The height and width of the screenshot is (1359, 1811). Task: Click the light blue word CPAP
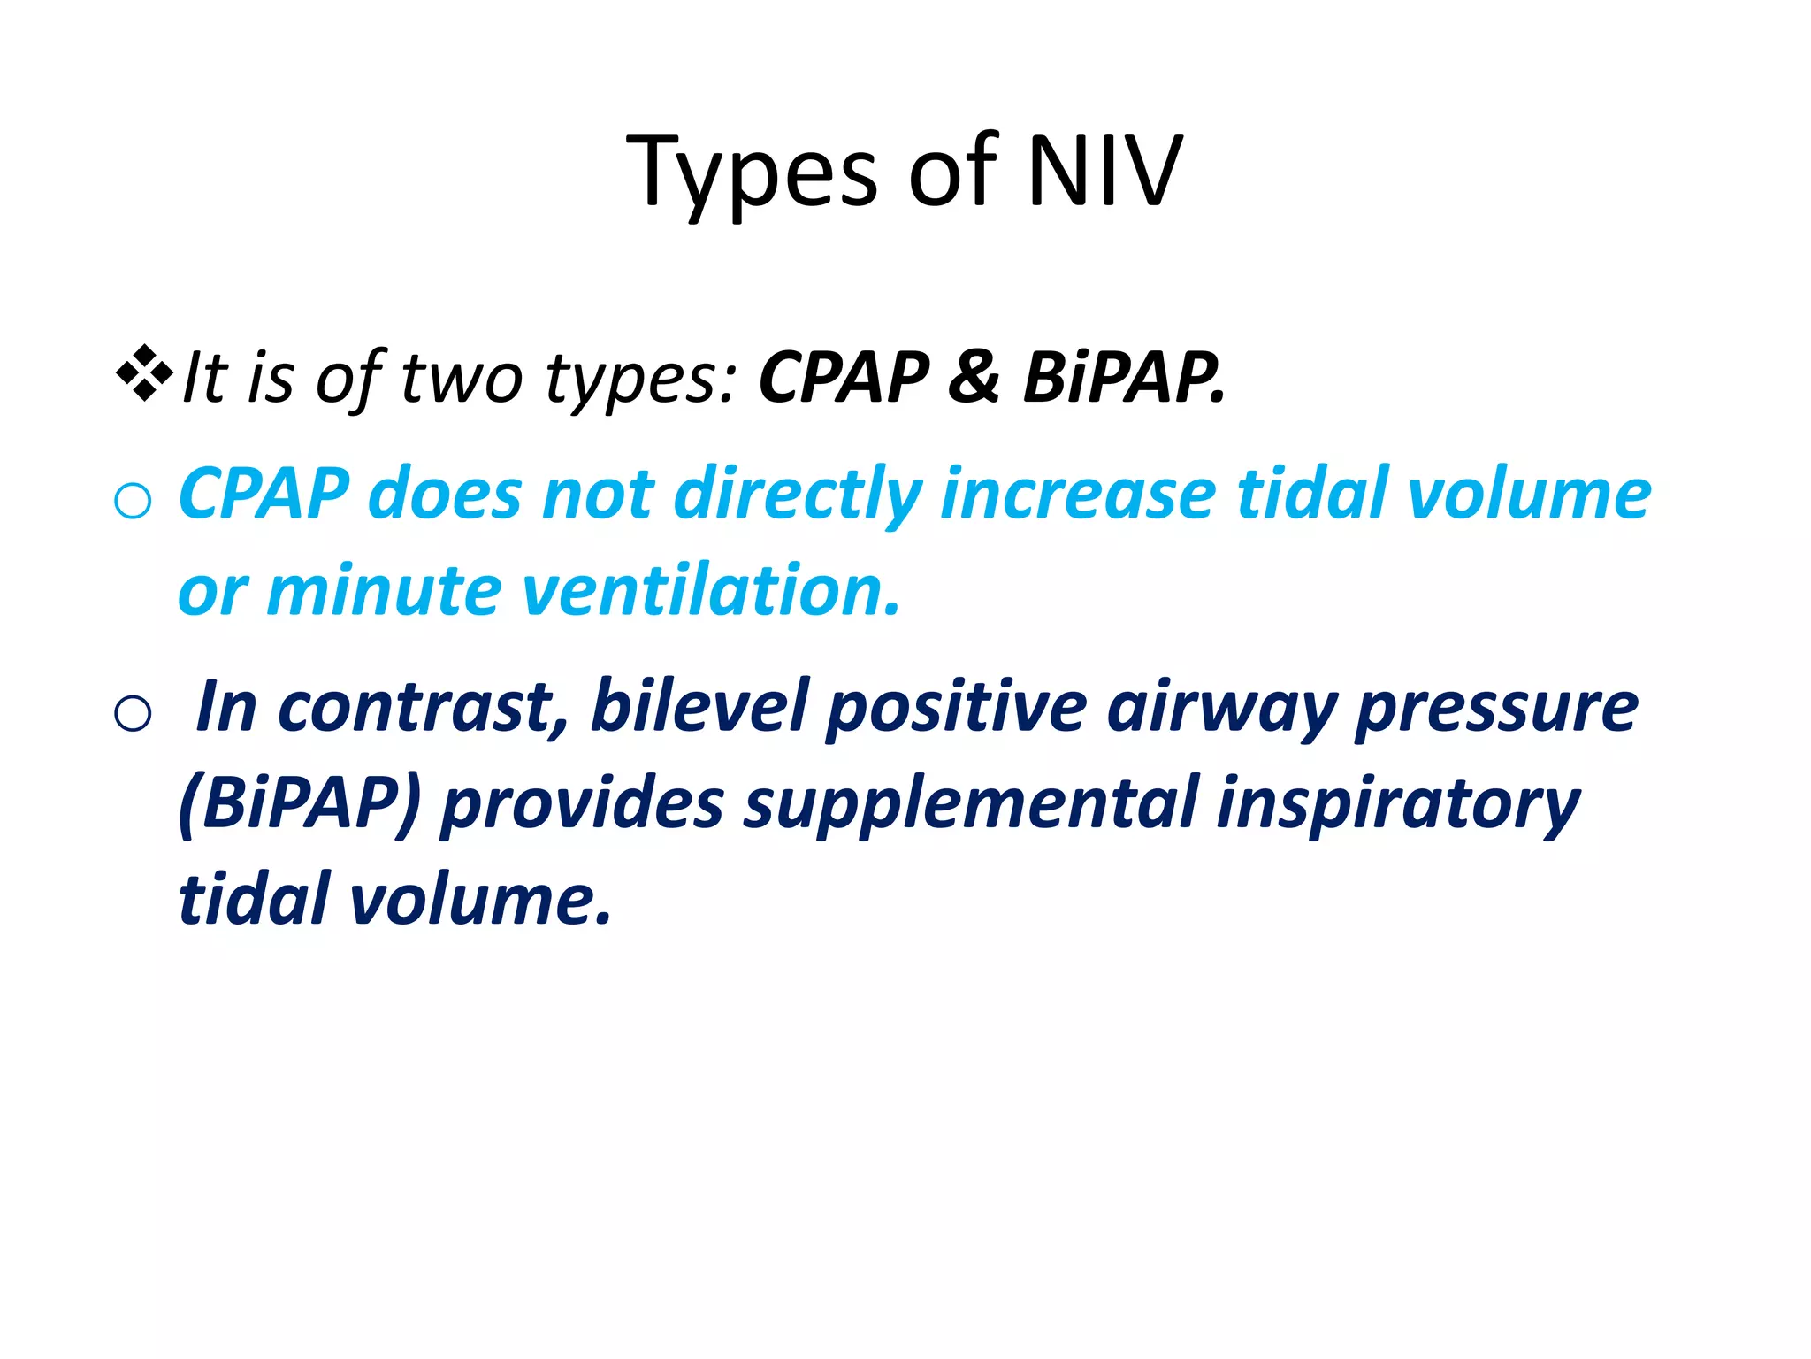point(264,494)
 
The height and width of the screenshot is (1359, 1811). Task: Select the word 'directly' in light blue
point(798,494)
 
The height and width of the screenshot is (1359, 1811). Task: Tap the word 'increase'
point(1077,494)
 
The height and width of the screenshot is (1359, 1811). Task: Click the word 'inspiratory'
point(1397,803)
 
